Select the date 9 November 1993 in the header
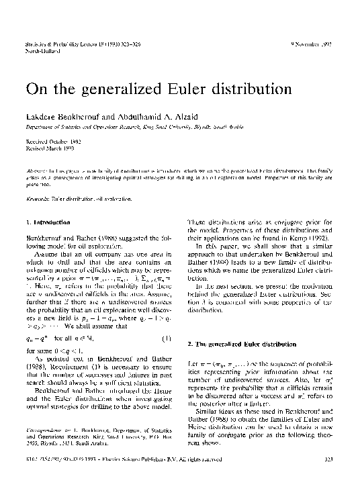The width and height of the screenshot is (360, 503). pos(312,44)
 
